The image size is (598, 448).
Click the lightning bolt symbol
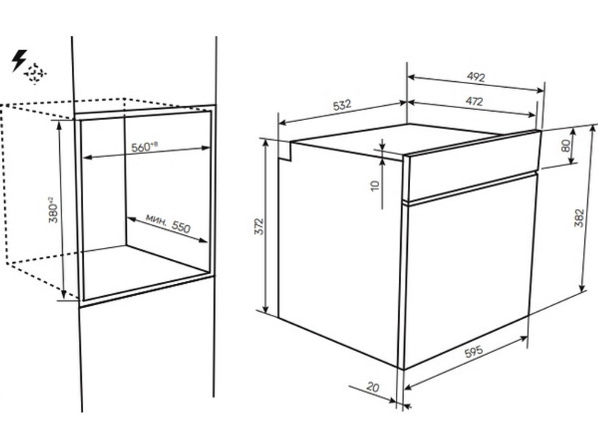[x=19, y=60]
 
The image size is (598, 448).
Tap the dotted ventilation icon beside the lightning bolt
[x=35, y=72]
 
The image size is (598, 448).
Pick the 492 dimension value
[x=475, y=77]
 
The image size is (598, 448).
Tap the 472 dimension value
[x=474, y=101]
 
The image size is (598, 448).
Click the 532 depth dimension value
[x=341, y=105]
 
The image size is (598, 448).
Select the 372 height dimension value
[x=259, y=226]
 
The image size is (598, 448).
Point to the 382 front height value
[x=579, y=218]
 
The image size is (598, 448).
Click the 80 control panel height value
[x=566, y=145]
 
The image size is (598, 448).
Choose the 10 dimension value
[x=376, y=185]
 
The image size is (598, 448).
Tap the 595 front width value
[x=474, y=351]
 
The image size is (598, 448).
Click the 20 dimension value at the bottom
[x=373, y=387]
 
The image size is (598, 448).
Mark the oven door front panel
[x=467, y=269]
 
